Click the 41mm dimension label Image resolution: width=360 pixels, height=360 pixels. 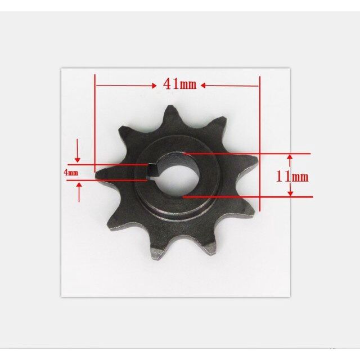[180, 84]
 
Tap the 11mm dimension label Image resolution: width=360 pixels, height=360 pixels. [292, 177]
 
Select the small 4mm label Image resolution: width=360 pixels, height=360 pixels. [71, 173]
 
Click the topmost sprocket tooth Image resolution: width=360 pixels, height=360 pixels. [170, 115]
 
